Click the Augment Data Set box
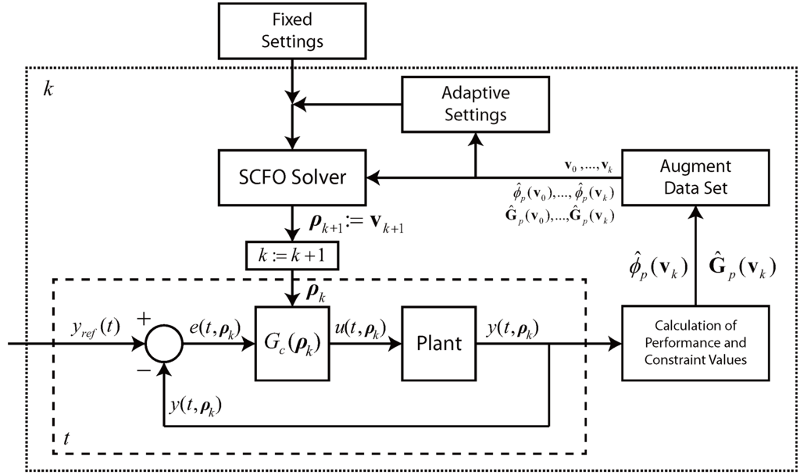tap(695, 179)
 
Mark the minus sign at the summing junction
tap(144, 370)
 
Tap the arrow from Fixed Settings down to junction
tap(291, 78)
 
